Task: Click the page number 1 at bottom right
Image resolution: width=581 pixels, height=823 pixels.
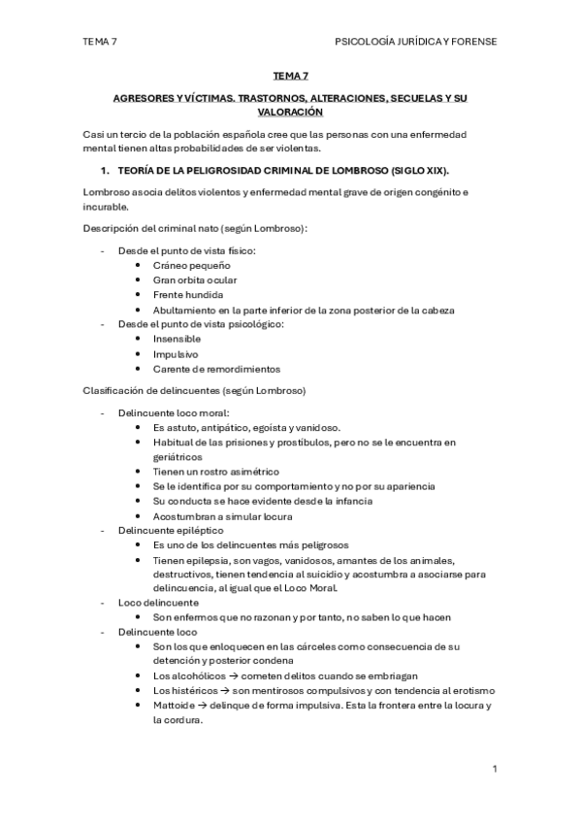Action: tap(495, 769)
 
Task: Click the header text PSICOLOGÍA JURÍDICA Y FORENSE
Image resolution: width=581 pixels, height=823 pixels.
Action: tap(415, 42)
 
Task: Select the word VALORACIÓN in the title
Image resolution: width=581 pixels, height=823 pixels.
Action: tap(290, 112)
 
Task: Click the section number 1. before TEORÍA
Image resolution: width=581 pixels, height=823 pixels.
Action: tap(121, 170)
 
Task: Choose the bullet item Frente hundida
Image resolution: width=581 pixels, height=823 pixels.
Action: tap(188, 294)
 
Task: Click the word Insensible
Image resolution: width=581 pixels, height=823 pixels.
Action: tap(177, 339)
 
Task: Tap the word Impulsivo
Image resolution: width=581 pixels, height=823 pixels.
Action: tap(175, 354)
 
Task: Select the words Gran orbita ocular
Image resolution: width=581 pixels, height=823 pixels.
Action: tap(194, 280)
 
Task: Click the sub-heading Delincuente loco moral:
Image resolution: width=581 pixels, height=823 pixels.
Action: tap(174, 412)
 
